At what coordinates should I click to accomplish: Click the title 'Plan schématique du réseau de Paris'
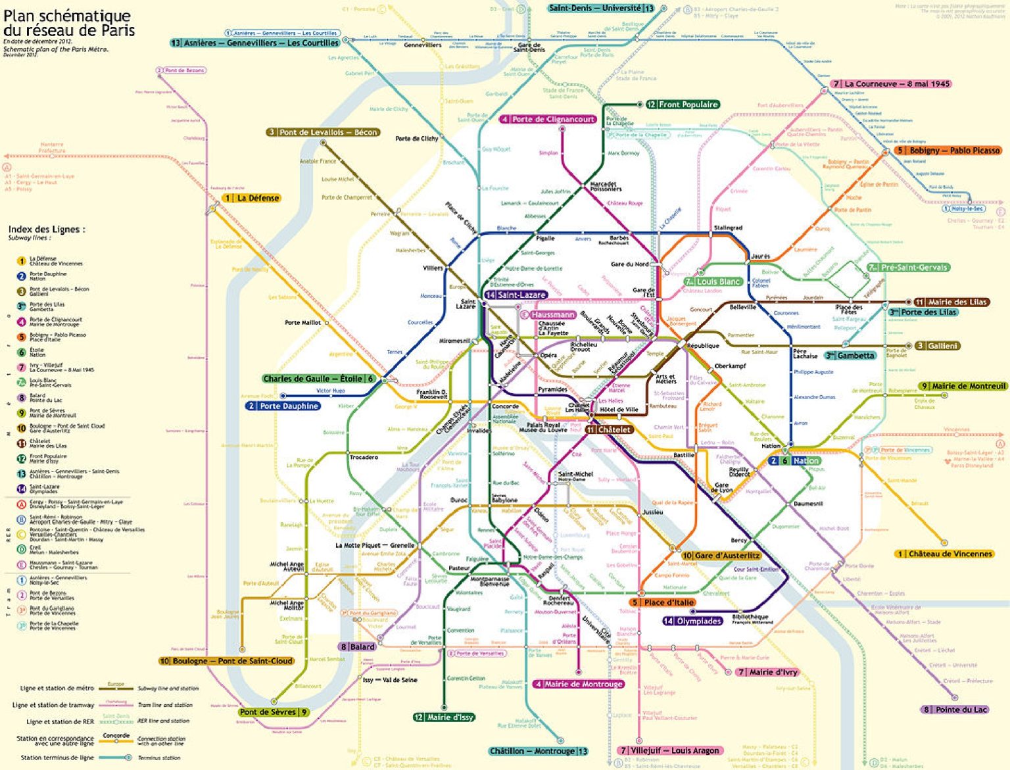pyautogui.click(x=68, y=23)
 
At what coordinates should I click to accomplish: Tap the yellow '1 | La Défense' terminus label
pyautogui.click(x=252, y=198)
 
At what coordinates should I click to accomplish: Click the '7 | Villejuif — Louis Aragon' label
pyautogui.click(x=670, y=750)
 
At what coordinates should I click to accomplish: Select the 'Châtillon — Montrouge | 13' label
pyautogui.click(x=539, y=751)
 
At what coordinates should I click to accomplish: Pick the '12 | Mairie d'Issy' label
pyautogui.click(x=444, y=717)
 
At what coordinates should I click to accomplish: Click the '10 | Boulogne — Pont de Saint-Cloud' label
pyautogui.click(x=226, y=661)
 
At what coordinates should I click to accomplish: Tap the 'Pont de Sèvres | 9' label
pyautogui.click(x=274, y=712)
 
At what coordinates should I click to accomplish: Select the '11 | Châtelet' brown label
pyautogui.click(x=610, y=429)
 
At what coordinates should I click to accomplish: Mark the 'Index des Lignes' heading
pyautogui.click(x=46, y=229)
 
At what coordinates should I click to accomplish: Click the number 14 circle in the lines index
pyautogui.click(x=21, y=489)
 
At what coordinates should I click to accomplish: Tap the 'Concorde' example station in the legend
pyautogui.click(x=116, y=736)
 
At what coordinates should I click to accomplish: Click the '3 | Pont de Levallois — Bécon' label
pyautogui.click(x=323, y=132)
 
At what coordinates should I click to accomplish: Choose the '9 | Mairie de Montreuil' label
pyautogui.click(x=963, y=386)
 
